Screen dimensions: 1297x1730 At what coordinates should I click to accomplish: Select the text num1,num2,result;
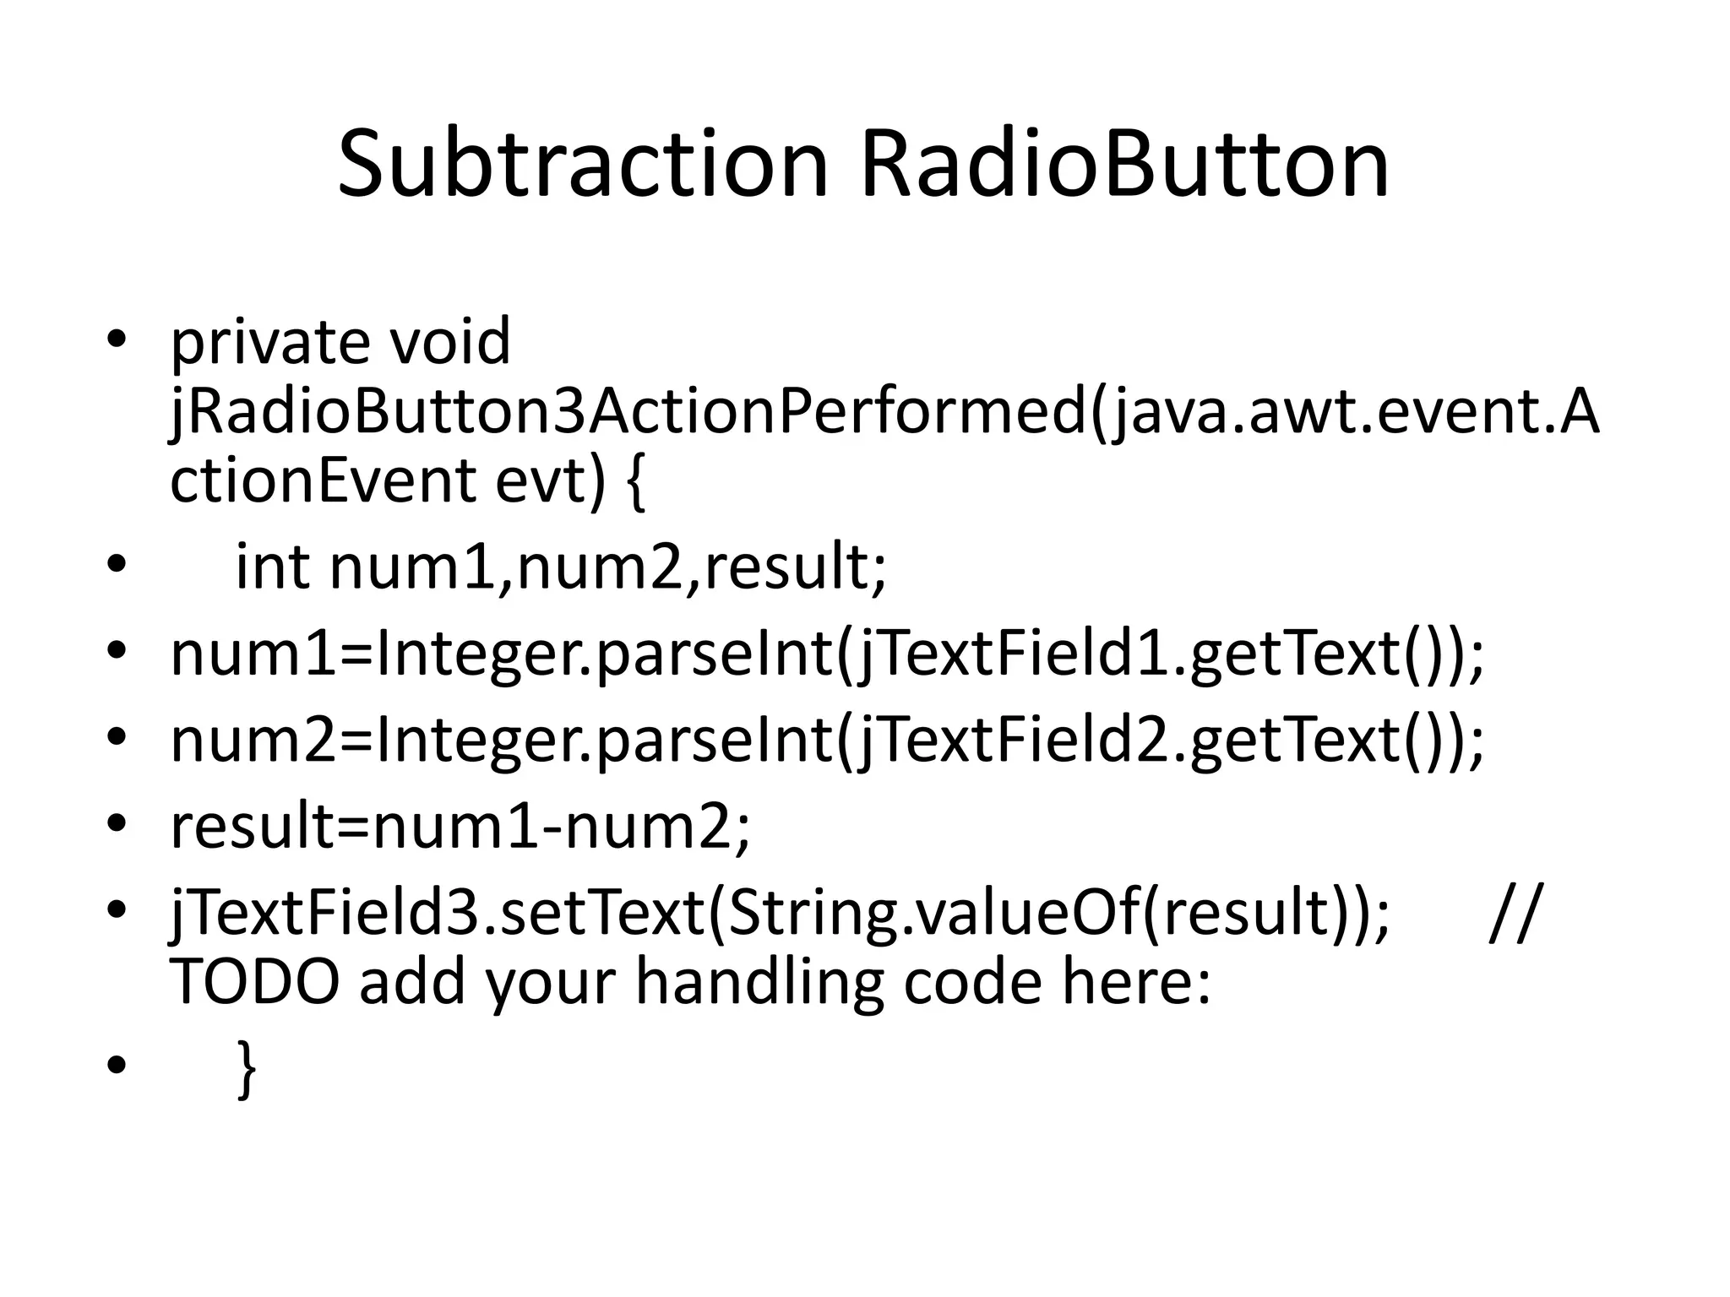click(608, 567)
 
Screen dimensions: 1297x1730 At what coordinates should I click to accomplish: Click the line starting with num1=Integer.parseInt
click(826, 655)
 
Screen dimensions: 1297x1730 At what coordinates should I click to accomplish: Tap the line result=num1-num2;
click(460, 828)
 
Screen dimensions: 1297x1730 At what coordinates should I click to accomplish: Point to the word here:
click(1136, 982)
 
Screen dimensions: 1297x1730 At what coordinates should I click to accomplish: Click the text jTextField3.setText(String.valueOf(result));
click(779, 914)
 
